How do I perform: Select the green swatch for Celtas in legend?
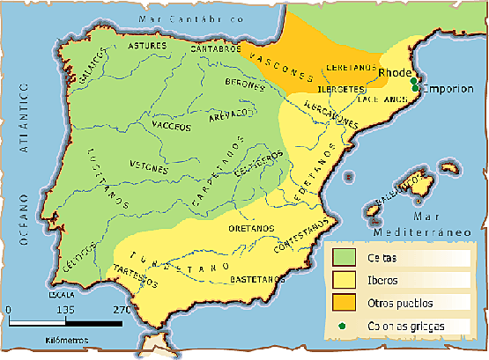pos(345,257)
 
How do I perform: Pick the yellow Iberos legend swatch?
pos(345,280)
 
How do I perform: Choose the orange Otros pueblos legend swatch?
pos(345,303)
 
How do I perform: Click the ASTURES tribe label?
pos(146,45)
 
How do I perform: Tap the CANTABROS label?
pos(215,49)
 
